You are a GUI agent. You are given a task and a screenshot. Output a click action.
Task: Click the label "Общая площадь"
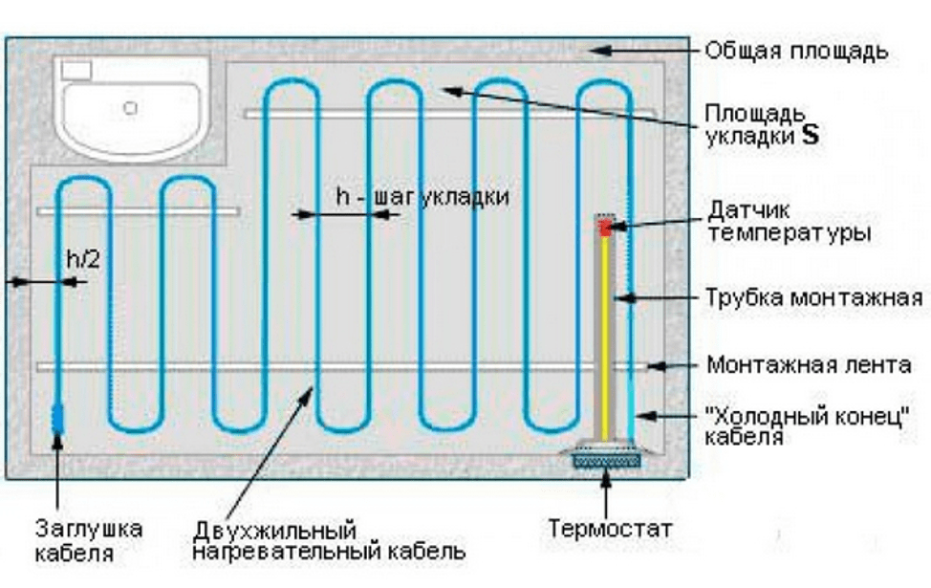point(797,51)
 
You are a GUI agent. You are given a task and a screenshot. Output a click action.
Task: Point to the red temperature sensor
point(605,228)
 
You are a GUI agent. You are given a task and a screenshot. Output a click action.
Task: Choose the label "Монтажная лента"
point(809,365)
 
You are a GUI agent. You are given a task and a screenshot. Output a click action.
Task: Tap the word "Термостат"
point(610,528)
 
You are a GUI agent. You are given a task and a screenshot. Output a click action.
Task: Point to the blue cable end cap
point(56,417)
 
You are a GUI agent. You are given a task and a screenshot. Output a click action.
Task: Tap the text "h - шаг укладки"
point(422,196)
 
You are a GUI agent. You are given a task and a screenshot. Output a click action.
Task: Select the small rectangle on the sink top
point(76,70)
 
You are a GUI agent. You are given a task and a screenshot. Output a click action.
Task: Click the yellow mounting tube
point(605,335)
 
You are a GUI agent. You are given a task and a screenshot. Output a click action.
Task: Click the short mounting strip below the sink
point(139,209)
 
